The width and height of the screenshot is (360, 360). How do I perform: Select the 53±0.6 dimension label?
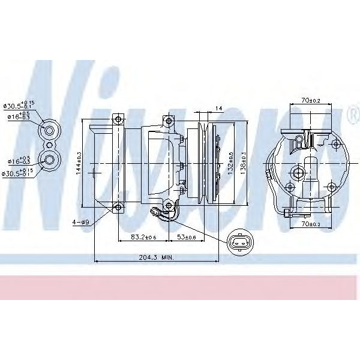click(187, 237)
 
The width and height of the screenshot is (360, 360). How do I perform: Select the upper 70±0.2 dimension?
click(311, 101)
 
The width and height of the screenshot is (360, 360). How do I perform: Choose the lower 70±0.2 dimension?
click(311, 224)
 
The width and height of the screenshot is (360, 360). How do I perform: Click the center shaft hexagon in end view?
click(297, 173)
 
